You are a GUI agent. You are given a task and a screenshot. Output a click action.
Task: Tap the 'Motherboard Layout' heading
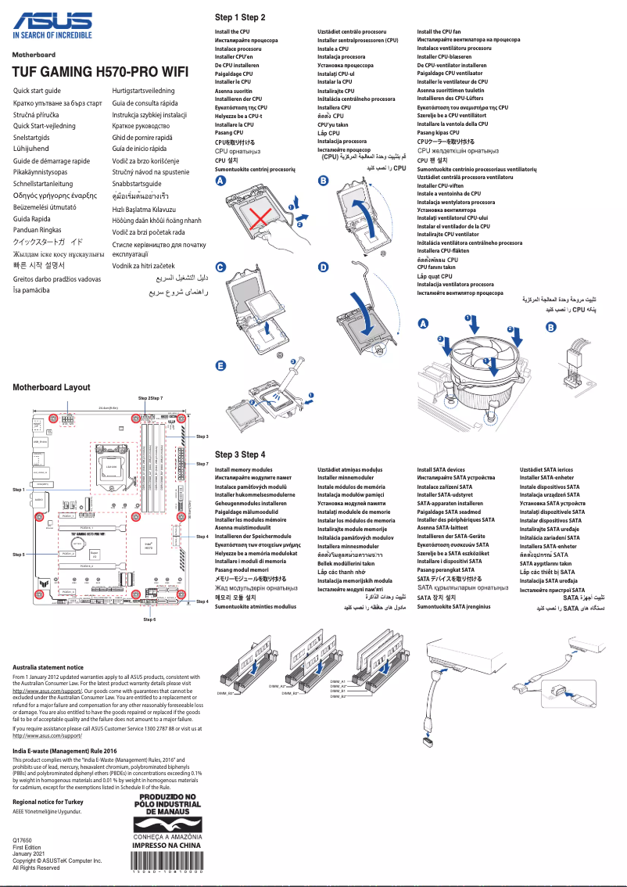pos(52,387)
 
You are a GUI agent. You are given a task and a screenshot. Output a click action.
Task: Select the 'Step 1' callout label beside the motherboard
pos(20,490)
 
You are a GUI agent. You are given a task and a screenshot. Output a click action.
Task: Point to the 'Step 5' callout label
pos(20,554)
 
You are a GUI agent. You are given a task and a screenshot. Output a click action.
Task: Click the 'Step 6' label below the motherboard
pos(149,619)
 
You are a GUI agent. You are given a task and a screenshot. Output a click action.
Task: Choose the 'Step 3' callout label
pos(202,436)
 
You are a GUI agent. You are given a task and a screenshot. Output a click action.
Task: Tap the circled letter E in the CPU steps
pos(220,366)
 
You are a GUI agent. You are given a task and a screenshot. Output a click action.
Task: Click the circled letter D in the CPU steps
pos(324,268)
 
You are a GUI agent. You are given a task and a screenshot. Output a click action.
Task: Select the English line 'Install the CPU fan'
pos(439,31)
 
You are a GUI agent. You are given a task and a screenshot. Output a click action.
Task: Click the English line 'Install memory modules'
pos(243,469)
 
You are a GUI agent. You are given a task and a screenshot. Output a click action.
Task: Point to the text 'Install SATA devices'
pos(441,469)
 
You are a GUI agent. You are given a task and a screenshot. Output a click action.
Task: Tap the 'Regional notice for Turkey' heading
pos(48,802)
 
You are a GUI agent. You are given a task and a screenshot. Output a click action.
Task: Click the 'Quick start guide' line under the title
pos(38,92)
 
